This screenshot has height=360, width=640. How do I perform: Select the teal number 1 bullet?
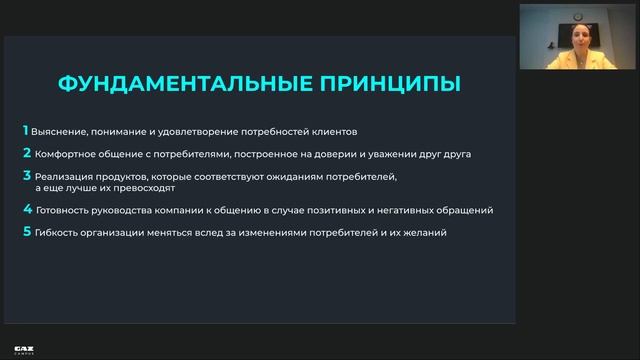tap(26, 131)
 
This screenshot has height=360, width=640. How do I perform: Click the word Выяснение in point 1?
tap(56, 132)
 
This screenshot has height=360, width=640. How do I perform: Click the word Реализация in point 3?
tap(61, 176)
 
